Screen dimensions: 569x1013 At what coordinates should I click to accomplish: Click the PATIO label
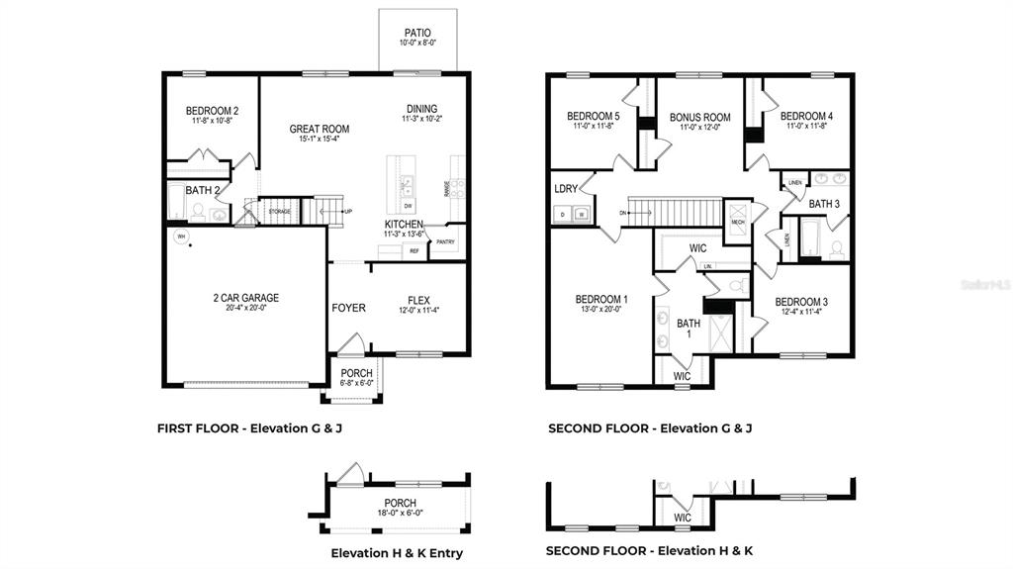[416, 33]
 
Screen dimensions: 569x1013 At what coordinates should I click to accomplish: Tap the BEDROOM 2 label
[212, 111]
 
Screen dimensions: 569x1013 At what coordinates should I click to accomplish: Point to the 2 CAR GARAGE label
[245, 297]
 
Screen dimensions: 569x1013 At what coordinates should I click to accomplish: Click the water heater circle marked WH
[181, 237]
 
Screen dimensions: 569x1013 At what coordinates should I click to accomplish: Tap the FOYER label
[348, 308]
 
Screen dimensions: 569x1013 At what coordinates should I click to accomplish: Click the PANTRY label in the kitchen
[445, 240]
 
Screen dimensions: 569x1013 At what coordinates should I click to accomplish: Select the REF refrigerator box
[414, 251]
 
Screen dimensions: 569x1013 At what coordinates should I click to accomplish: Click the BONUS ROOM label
[699, 118]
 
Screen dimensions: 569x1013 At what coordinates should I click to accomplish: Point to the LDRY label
[566, 188]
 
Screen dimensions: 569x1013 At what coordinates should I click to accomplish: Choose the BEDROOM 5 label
[594, 116]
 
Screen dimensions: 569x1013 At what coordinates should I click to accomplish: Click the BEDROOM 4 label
[806, 116]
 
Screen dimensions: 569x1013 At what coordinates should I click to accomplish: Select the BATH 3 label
[824, 204]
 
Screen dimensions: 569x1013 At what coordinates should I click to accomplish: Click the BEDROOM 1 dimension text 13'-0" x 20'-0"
[601, 310]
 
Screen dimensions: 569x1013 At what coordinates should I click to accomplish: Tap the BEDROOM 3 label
[801, 302]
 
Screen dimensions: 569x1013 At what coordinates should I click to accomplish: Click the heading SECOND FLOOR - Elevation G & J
[650, 428]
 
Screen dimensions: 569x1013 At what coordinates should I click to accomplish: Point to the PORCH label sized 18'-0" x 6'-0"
[400, 504]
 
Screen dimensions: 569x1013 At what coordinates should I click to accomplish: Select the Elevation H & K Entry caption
[396, 553]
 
